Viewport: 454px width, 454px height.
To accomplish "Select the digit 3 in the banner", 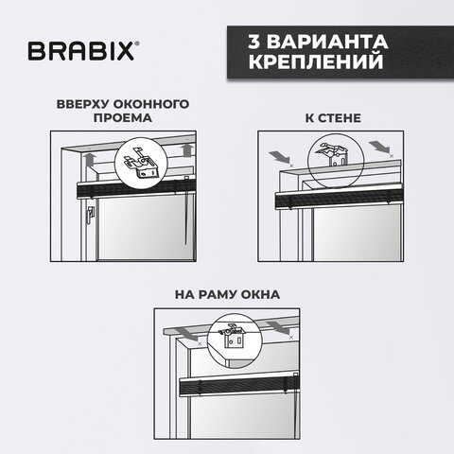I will point(253,43).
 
